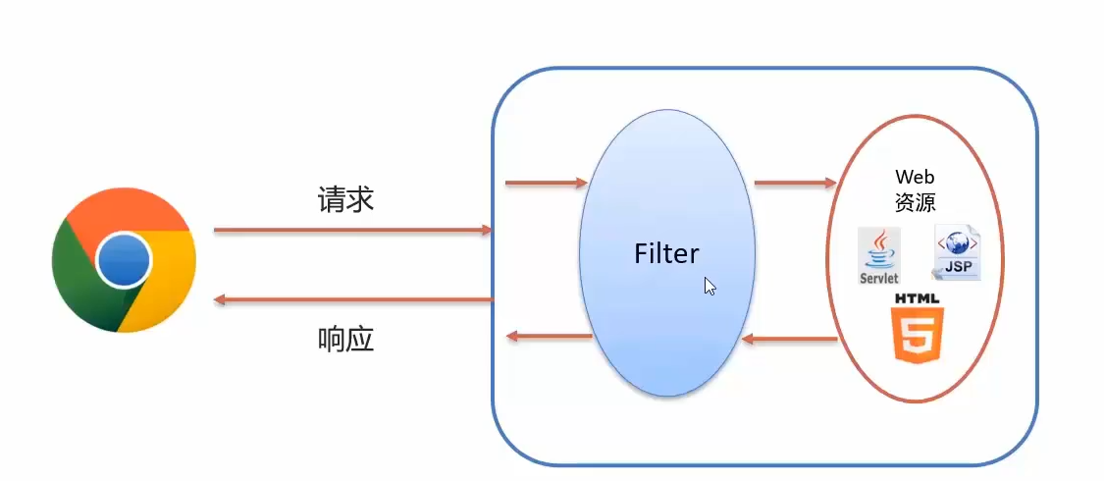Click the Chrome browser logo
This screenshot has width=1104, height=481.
124,260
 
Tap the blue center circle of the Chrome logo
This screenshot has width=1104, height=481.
125,261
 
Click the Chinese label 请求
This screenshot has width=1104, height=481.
345,200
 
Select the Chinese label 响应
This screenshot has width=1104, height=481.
345,340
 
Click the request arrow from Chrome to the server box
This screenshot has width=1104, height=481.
352,230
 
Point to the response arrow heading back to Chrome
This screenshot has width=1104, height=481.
352,298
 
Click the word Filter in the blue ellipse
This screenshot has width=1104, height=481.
666,254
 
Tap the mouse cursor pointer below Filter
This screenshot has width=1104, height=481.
710,286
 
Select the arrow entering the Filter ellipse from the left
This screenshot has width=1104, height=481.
546,183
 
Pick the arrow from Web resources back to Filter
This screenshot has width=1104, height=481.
790,339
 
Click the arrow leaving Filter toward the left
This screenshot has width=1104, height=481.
549,337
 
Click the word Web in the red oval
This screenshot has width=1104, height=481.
915,178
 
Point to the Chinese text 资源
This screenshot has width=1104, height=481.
915,202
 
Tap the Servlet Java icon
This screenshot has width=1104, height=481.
879,256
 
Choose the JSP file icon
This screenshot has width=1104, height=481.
956,253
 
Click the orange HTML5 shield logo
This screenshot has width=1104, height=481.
917,336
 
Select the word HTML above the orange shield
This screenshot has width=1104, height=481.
917,297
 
